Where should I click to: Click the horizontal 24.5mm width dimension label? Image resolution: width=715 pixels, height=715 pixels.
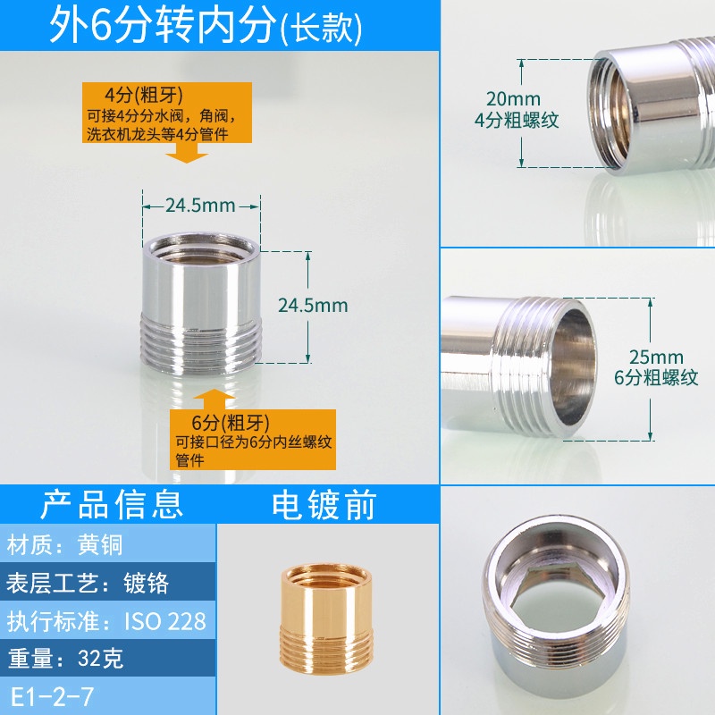(200, 206)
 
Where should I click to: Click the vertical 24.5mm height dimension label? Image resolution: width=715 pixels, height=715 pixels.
(313, 305)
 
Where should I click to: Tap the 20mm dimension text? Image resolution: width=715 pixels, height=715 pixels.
(513, 98)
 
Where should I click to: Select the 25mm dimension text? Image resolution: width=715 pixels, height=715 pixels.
(656, 357)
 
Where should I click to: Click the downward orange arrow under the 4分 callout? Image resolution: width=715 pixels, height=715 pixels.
(187, 153)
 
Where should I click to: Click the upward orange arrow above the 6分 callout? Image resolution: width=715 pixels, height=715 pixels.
(214, 400)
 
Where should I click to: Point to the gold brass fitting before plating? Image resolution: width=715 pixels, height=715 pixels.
(326, 617)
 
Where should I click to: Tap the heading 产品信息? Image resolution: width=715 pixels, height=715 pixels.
(112, 504)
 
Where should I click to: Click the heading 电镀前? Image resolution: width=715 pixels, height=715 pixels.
(324, 505)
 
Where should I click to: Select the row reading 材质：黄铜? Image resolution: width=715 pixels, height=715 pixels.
(64, 545)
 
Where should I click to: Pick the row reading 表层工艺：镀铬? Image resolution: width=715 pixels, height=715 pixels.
(87, 583)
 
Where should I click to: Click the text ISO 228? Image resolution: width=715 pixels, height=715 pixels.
(165, 621)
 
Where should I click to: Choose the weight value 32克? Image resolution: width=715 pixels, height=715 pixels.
(100, 658)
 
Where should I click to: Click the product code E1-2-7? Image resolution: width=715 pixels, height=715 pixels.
(52, 697)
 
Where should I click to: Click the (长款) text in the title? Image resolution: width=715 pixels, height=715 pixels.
(322, 29)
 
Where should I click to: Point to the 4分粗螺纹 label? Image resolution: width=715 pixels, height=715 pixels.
(517, 120)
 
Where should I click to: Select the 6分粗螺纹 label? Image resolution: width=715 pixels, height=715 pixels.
(656, 377)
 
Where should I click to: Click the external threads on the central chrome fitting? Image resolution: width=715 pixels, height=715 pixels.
(201, 343)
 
